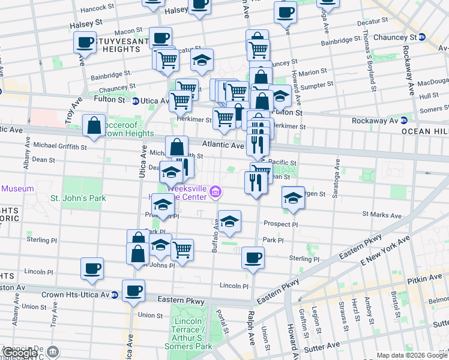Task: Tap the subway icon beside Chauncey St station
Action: click(x=422, y=37)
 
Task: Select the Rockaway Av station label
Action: click(x=375, y=120)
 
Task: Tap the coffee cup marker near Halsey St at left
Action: click(x=85, y=43)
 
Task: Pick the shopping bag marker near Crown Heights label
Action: click(x=94, y=126)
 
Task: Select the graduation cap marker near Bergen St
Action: click(x=292, y=198)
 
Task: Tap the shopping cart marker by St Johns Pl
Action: click(x=182, y=249)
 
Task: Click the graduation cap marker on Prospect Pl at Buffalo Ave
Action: click(x=229, y=221)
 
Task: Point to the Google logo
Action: click(x=21, y=352)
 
